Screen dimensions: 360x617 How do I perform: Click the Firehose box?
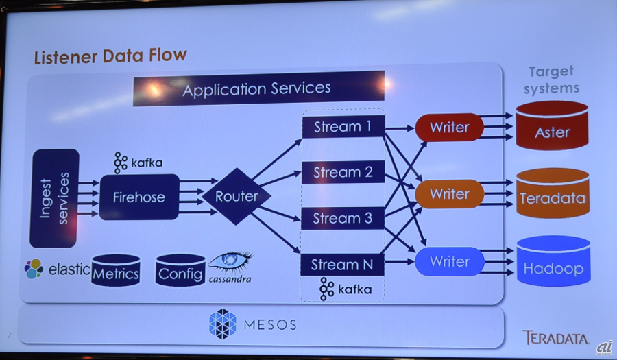(x=139, y=197)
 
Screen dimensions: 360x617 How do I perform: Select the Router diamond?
(x=237, y=197)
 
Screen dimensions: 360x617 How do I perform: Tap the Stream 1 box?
(x=342, y=127)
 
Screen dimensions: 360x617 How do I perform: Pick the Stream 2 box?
(x=342, y=172)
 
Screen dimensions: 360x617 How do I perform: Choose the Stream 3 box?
(x=342, y=218)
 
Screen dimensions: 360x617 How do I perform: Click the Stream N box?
(x=342, y=264)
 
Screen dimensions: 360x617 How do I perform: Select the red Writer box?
(x=449, y=128)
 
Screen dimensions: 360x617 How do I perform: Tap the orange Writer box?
(x=449, y=194)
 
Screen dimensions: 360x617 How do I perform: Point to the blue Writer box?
(x=449, y=261)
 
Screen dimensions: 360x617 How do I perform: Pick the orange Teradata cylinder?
(x=552, y=195)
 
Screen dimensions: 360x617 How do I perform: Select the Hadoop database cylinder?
(x=553, y=264)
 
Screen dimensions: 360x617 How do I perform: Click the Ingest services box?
(x=55, y=198)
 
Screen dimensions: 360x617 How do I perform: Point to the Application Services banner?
(x=258, y=89)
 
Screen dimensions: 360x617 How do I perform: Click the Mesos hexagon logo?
(x=222, y=324)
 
